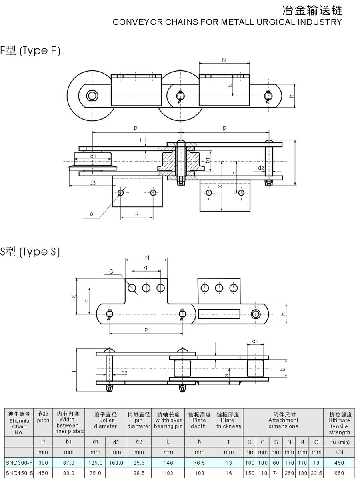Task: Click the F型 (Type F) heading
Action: coord(30,51)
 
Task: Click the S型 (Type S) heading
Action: coord(30,252)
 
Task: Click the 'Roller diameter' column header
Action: coord(106,420)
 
